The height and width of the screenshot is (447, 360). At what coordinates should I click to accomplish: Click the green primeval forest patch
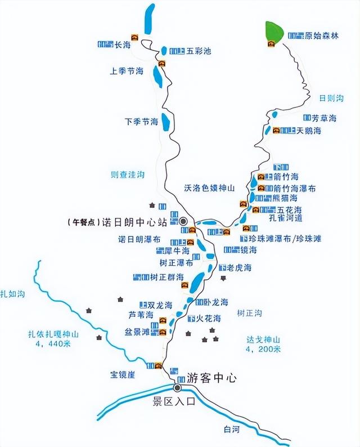(274, 32)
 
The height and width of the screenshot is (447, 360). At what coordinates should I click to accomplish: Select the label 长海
(122, 44)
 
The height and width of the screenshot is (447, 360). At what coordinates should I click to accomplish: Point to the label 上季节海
(127, 71)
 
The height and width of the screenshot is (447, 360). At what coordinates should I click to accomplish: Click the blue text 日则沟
(331, 98)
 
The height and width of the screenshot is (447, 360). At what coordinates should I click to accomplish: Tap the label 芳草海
(324, 118)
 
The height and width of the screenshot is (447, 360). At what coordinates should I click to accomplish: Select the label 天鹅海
(309, 131)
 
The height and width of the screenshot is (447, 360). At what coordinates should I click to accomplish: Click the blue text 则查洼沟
(128, 175)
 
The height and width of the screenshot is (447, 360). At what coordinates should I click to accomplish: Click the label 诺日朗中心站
(138, 222)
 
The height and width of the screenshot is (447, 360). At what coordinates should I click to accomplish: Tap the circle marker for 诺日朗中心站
(183, 221)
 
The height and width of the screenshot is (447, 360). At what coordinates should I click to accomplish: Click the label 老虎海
(240, 267)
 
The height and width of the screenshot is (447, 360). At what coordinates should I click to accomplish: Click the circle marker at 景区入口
(178, 388)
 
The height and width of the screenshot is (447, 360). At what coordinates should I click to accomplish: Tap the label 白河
(231, 430)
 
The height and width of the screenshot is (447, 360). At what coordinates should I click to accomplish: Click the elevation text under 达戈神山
(263, 349)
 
